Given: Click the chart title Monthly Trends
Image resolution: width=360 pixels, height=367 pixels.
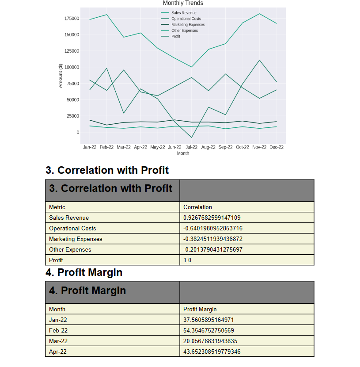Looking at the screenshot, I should [x=183, y=3].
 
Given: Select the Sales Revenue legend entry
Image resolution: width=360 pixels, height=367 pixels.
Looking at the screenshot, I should [x=184, y=13].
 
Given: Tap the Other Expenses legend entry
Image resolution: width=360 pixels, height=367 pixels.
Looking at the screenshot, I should [x=185, y=31].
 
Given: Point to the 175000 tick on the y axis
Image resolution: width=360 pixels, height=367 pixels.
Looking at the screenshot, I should [x=72, y=19].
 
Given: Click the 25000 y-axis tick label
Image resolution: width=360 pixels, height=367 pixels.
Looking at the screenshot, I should [x=73, y=116].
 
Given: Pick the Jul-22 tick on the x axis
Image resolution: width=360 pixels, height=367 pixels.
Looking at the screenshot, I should [x=191, y=147].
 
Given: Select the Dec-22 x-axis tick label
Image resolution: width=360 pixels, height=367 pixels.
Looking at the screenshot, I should [x=276, y=147].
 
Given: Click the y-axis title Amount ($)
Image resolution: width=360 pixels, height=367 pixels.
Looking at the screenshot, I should [x=60, y=76].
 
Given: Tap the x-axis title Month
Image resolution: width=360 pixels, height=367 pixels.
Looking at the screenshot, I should [x=183, y=153].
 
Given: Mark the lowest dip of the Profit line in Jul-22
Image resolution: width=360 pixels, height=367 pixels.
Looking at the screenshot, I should [x=191, y=138].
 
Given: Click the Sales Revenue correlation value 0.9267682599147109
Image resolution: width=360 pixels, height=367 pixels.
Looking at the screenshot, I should [x=212, y=218].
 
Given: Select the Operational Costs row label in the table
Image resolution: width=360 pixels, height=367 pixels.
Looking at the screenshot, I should [x=72, y=229].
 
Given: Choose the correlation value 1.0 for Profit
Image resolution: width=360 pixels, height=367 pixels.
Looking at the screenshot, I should [x=187, y=260].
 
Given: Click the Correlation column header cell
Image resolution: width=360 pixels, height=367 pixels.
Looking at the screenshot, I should [x=197, y=207].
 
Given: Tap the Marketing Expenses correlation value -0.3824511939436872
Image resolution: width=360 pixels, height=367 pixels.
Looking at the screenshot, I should [x=213, y=239].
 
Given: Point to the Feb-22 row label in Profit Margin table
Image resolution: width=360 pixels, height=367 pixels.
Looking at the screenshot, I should [x=58, y=331].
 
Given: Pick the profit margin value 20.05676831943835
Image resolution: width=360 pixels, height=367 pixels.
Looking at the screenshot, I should [x=210, y=341].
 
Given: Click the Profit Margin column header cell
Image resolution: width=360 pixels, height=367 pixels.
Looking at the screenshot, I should [x=200, y=310].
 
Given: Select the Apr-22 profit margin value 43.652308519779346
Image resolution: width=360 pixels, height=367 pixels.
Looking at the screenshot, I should [x=212, y=352].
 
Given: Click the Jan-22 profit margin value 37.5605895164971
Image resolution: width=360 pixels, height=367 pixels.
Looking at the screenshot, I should [x=208, y=320].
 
